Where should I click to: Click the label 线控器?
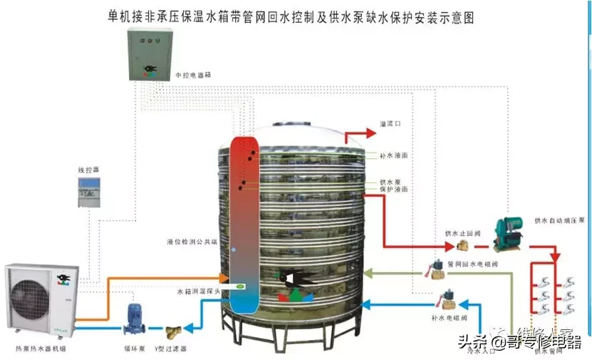(x=88, y=170)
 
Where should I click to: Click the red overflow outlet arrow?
(x=360, y=133)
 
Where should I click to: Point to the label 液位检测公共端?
(x=192, y=242)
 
